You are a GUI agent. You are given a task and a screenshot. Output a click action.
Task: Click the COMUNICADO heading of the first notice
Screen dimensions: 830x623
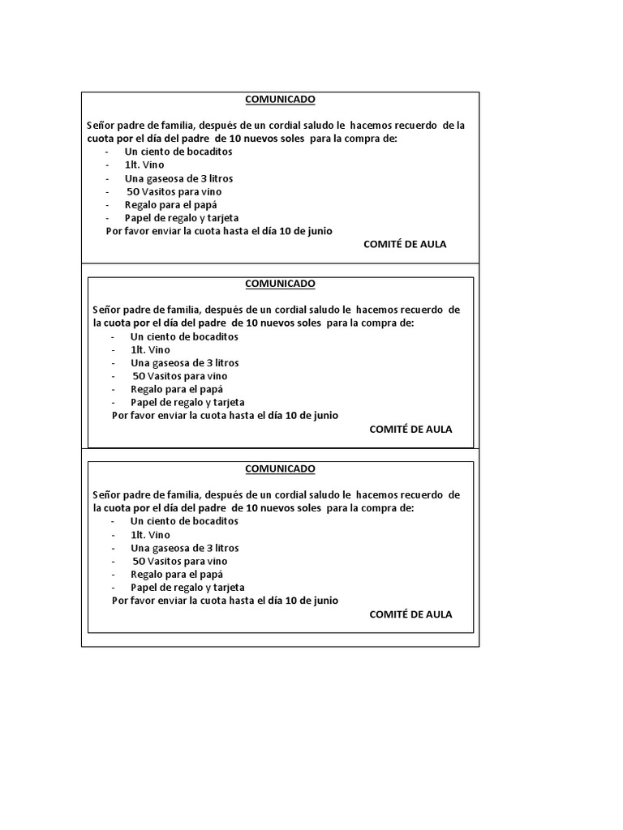click(280, 100)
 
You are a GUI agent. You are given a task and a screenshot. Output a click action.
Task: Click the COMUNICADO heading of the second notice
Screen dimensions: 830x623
click(280, 284)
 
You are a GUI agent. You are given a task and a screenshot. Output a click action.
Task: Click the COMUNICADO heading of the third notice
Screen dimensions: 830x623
click(280, 468)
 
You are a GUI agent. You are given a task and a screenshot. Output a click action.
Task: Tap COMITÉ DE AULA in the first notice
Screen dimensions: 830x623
click(405, 244)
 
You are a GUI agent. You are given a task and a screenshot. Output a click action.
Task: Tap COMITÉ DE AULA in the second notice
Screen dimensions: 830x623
click(410, 429)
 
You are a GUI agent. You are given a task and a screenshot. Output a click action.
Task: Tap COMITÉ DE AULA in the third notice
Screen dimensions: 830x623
click(410, 614)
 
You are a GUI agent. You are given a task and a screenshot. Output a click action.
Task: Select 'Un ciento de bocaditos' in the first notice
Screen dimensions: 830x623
click(178, 152)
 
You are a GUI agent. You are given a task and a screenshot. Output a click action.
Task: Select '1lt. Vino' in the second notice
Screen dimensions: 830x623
click(150, 349)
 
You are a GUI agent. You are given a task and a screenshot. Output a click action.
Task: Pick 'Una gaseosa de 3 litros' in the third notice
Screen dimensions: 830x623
click(184, 548)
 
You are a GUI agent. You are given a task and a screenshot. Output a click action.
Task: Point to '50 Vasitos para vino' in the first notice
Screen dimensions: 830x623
click(174, 191)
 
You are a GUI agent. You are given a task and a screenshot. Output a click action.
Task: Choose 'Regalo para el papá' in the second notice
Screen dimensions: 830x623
click(177, 389)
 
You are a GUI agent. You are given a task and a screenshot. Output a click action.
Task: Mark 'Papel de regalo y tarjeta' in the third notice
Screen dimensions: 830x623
click(187, 587)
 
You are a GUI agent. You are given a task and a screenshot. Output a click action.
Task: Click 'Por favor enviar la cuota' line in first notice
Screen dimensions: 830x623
click(219, 231)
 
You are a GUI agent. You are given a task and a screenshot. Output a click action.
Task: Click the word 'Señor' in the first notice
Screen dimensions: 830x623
click(100, 126)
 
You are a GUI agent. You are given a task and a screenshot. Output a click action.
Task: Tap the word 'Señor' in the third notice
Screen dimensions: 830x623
click(106, 494)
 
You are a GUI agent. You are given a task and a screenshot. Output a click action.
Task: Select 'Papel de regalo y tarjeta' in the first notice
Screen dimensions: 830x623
click(182, 218)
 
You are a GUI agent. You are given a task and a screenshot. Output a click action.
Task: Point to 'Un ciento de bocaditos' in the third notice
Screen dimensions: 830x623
click(184, 521)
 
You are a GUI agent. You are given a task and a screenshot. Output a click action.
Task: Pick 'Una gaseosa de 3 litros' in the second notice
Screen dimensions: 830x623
click(184, 363)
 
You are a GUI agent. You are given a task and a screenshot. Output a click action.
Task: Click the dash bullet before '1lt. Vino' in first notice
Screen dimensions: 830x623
click(108, 165)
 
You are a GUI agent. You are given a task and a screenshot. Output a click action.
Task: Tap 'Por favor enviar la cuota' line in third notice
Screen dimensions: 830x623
click(225, 601)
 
